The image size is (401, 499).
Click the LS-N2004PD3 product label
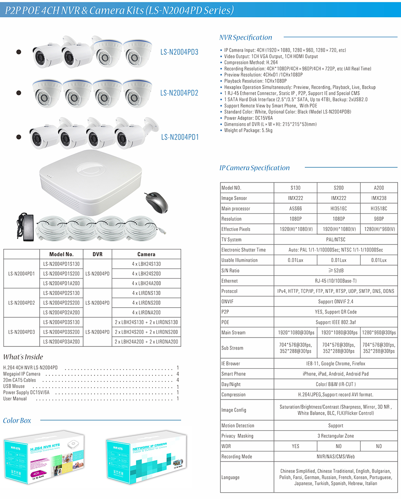click(179, 52)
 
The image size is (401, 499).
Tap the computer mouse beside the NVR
click(156, 202)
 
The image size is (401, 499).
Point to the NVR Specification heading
click(246, 38)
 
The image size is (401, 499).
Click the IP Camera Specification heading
click(255, 168)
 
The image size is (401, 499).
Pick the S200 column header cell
click(339, 188)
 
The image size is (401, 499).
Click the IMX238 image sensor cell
click(379, 198)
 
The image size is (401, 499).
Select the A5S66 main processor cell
click(295, 209)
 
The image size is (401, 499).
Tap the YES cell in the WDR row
click(295, 446)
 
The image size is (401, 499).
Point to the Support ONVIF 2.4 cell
click(336, 301)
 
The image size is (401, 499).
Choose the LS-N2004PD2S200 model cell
click(62, 303)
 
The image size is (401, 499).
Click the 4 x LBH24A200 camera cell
click(146, 283)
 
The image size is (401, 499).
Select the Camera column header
click(146, 254)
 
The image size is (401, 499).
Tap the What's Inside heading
click(23, 357)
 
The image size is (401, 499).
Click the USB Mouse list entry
click(14, 386)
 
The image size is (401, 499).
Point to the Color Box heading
click(17, 421)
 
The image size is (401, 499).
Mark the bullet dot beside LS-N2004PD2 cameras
click(19, 92)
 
